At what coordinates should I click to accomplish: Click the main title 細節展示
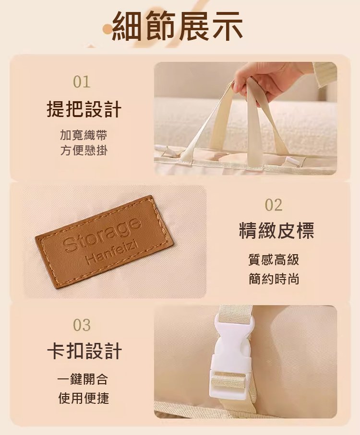(178, 26)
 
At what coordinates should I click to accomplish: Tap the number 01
(82, 82)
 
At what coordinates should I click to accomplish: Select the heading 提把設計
(84, 109)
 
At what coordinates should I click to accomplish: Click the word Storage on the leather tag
(101, 234)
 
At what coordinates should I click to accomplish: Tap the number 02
(274, 205)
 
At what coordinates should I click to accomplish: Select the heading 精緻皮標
(276, 231)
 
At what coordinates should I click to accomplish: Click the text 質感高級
(274, 260)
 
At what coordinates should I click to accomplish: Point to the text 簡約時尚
(274, 279)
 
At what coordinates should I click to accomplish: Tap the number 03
(82, 325)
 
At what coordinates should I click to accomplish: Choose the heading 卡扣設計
(84, 351)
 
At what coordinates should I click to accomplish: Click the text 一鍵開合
(83, 379)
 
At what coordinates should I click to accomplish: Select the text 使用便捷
(83, 398)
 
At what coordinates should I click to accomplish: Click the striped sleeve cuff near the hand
(325, 75)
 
